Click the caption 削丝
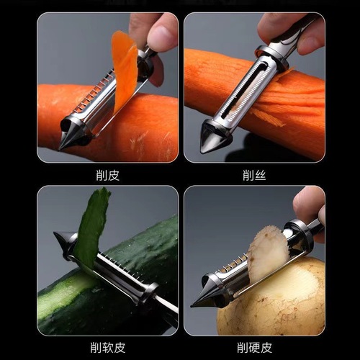[253, 174]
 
